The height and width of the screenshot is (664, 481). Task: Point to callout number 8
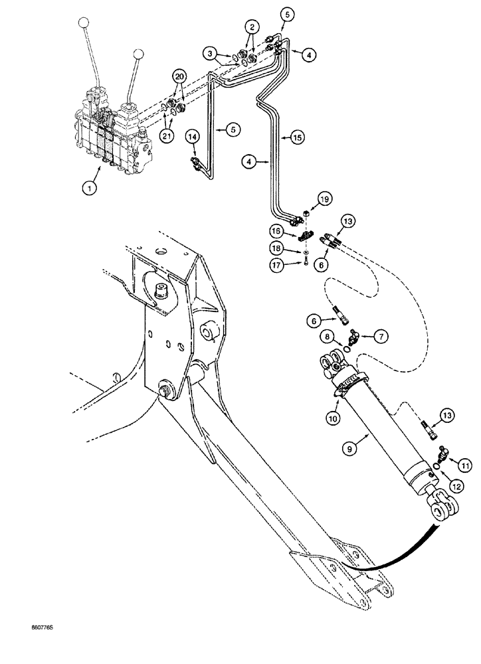click(x=328, y=339)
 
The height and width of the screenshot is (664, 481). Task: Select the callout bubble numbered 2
click(x=250, y=27)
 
